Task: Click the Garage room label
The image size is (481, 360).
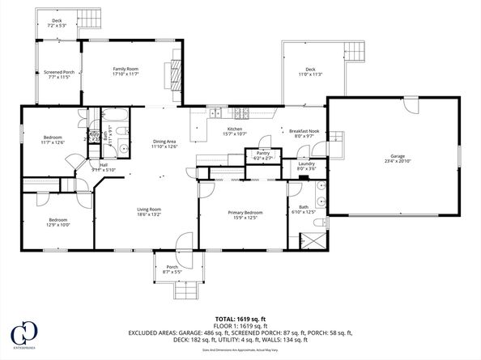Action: pyautogui.click(x=396, y=157)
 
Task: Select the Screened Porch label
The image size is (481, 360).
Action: pyautogui.click(x=59, y=74)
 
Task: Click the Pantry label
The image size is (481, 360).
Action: pyautogui.click(x=262, y=155)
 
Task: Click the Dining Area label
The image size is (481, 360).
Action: pyautogui.click(x=165, y=144)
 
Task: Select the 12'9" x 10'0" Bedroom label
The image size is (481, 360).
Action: pyautogui.click(x=57, y=222)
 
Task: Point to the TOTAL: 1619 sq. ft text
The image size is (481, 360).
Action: pyautogui.click(x=240, y=319)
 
